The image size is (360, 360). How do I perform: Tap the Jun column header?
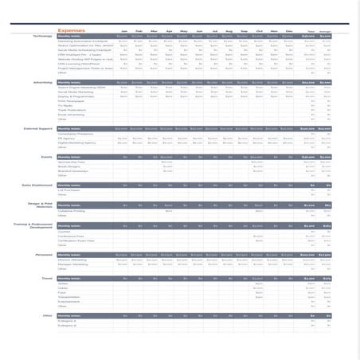tap(198, 31)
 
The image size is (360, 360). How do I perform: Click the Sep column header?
tap(244, 31)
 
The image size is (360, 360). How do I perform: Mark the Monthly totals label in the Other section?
tap(69, 315)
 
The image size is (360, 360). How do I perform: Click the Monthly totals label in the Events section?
tap(69, 157)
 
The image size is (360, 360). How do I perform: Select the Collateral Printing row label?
tap(72, 210)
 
